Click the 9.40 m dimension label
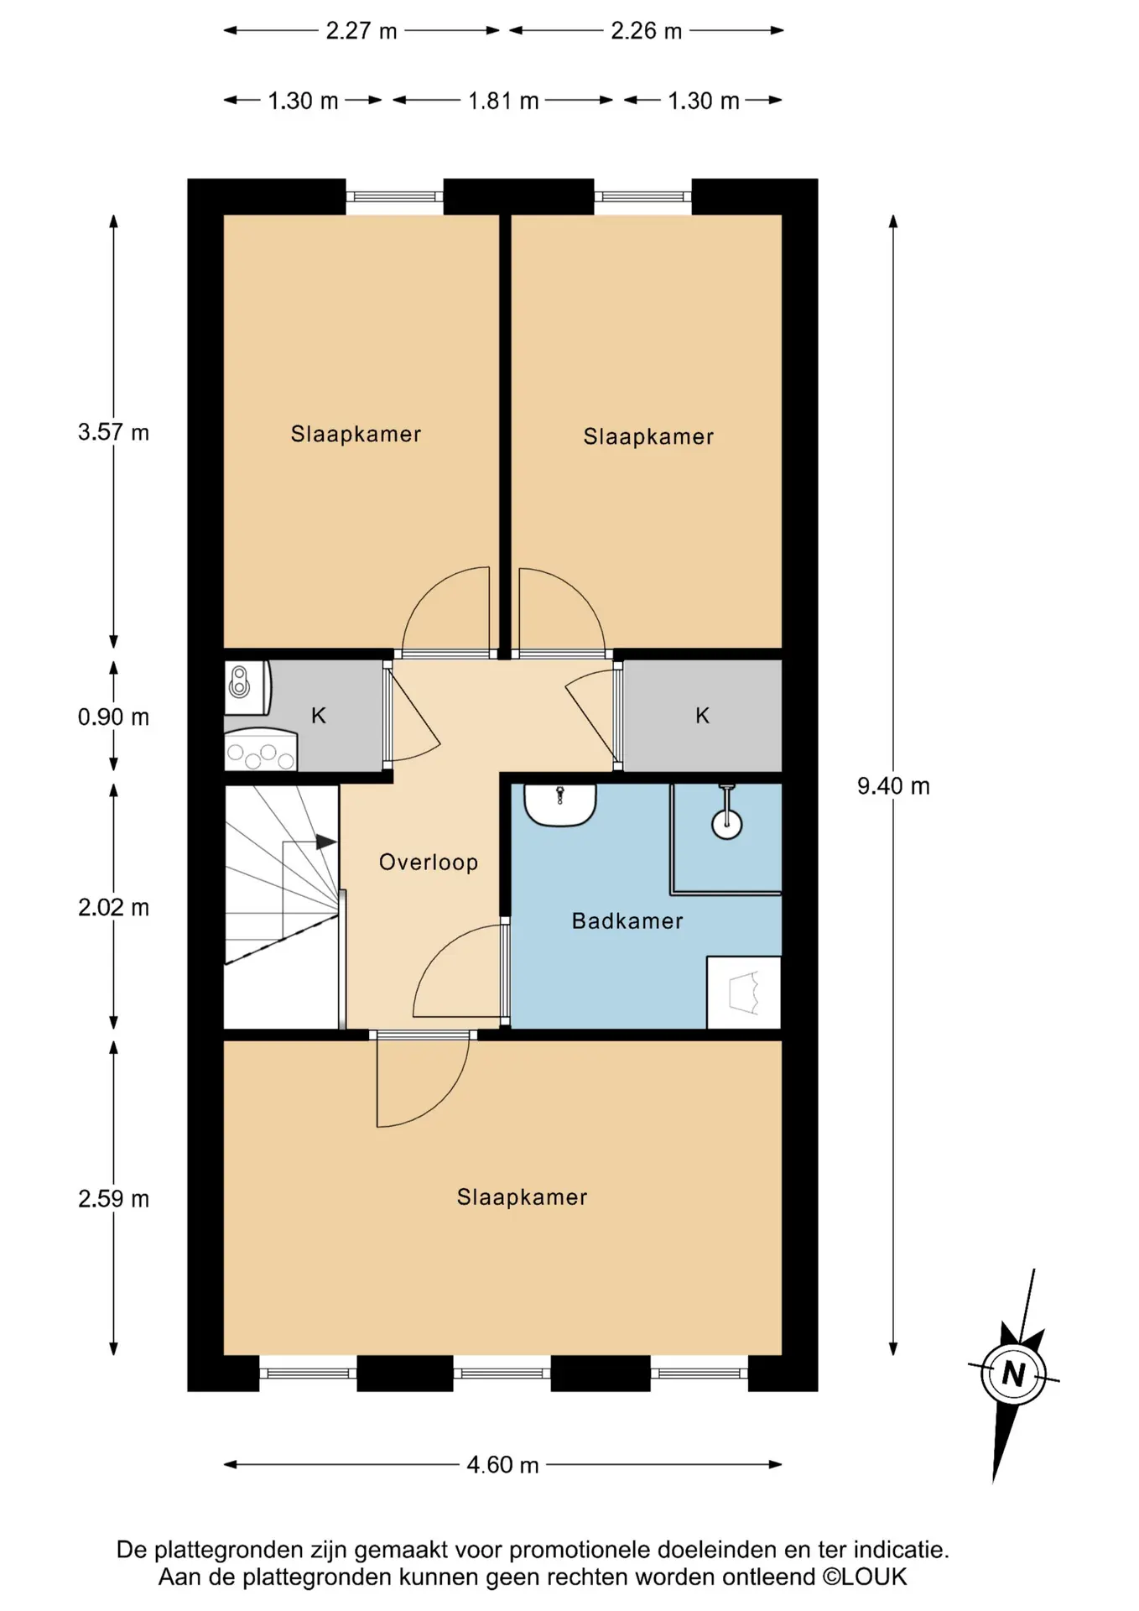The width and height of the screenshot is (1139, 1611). point(893,786)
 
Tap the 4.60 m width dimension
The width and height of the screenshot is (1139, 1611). point(502,1465)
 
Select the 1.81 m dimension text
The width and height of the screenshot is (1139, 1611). point(503,101)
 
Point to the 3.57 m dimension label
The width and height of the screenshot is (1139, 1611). point(113,432)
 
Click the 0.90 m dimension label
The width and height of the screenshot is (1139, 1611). point(113,717)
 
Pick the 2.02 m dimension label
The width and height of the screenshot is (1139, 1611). point(113,908)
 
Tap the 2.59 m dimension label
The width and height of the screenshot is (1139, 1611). point(113,1199)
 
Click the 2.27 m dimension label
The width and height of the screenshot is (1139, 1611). point(361,31)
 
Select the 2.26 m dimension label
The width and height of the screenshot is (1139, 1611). point(647,31)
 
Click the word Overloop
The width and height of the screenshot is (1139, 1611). point(429,863)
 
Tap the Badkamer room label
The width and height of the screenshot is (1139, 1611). point(627,921)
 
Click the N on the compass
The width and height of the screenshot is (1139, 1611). point(1014,1374)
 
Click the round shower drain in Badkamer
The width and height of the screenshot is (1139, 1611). point(726,825)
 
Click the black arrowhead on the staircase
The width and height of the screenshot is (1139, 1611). point(326,842)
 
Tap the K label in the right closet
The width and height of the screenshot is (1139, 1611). point(703,716)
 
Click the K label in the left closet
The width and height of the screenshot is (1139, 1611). point(319,716)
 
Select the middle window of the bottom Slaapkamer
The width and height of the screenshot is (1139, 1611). point(502,1374)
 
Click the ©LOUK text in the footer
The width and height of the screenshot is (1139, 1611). point(865,1577)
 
